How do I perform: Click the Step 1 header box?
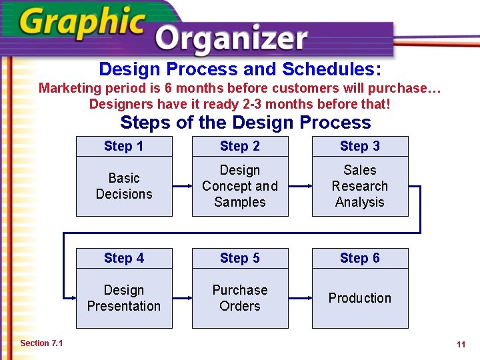pos(124,146)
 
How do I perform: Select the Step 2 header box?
pos(240,146)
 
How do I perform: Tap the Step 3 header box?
pos(360,146)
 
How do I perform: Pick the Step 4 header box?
pos(124,258)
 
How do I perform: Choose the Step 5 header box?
pos(240,258)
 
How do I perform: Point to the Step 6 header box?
pos(360,258)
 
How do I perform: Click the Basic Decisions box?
pos(124,186)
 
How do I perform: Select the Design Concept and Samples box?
pos(240,186)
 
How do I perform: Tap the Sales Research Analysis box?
pos(360,186)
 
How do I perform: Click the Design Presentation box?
pos(124,298)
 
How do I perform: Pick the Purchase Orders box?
pos(240,298)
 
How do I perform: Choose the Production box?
pos(360,298)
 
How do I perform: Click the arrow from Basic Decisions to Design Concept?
pos(182,187)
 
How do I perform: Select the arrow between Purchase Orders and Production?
pos(300,299)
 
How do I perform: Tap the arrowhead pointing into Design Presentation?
pos(71,299)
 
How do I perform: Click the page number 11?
pos(461,345)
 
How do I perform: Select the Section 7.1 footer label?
pos(41,343)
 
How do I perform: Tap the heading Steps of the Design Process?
pos(245,123)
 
